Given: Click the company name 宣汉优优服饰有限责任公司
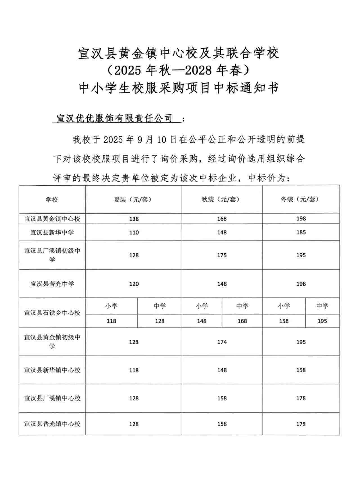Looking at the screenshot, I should point(114,118).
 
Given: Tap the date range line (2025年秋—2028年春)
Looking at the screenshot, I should point(179,70).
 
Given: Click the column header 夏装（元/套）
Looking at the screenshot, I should point(134,199).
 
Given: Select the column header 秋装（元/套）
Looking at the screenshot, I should point(222,199).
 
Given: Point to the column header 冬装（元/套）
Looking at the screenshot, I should point(301,199).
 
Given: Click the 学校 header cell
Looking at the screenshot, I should point(52,200).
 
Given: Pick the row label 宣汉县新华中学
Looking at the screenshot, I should point(52,232).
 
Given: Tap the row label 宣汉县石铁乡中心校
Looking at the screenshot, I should point(52,312).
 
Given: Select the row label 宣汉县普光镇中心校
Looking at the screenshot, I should point(52,424).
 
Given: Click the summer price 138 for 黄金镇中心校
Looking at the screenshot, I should point(134,219).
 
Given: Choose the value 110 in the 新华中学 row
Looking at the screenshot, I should point(134,233).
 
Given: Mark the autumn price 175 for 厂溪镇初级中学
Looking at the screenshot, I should point(222,255).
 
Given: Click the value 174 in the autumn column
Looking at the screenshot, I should point(222,342).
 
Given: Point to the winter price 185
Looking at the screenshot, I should point(301,233).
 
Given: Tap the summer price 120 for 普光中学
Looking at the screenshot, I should point(134,284).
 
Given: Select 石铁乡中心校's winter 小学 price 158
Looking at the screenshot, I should point(284,321).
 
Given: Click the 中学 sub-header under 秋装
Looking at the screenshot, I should point(242,306).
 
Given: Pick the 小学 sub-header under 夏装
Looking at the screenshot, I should point(111,306).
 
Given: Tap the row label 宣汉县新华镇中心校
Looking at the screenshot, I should point(52,370).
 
